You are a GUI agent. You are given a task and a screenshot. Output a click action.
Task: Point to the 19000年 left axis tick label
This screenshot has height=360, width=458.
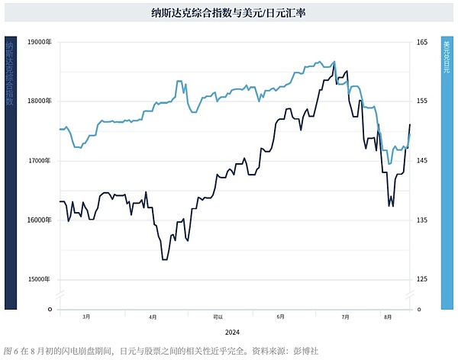pos(39,42)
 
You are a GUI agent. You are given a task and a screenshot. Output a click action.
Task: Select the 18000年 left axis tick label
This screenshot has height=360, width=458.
pos(39,101)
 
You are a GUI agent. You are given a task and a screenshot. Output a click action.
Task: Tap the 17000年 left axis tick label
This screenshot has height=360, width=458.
pos(39,161)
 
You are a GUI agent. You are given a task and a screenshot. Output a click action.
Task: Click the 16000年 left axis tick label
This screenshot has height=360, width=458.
pos(39,220)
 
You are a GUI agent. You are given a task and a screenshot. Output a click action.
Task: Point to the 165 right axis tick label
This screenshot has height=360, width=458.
pos(422,42)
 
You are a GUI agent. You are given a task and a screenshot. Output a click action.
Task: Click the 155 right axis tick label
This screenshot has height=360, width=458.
pos(422,101)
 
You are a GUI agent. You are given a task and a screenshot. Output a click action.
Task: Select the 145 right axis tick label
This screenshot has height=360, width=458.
pos(422,161)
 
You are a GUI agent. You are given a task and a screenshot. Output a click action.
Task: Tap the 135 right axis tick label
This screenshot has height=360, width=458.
pos(422,220)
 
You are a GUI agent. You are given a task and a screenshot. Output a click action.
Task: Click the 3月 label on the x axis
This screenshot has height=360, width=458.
pos(86,316)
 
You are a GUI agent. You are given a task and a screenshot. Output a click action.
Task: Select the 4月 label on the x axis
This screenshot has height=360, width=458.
pos(153,316)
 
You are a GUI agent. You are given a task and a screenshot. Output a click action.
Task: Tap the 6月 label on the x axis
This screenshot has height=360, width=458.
pos(280,316)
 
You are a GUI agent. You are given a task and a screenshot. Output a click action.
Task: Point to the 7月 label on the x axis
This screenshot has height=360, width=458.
pos(345,316)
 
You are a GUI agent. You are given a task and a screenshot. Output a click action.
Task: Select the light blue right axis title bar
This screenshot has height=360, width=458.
pos(447,172)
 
